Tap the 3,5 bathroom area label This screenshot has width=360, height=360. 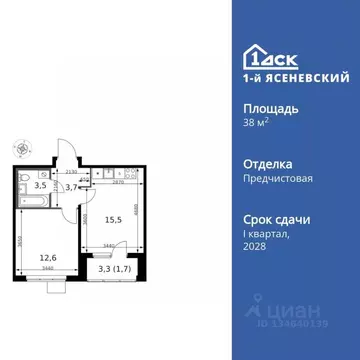coord(41,185)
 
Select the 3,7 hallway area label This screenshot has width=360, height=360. coord(71,185)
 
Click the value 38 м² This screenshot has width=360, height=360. coord(255,127)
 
